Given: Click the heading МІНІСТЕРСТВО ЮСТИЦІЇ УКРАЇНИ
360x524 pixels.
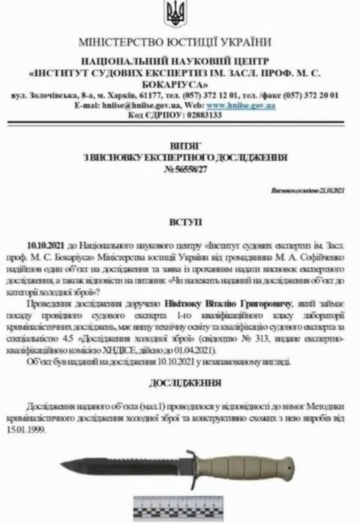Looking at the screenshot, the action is (x=180, y=42).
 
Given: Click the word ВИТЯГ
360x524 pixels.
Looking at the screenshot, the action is (x=179, y=148).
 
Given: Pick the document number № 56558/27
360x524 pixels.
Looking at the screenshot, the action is (x=179, y=170).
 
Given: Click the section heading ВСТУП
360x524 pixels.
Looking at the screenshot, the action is (x=179, y=223).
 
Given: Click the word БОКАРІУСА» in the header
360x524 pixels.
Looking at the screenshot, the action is (x=180, y=85).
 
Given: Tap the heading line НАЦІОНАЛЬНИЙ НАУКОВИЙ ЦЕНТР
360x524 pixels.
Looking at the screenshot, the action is (x=180, y=64).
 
